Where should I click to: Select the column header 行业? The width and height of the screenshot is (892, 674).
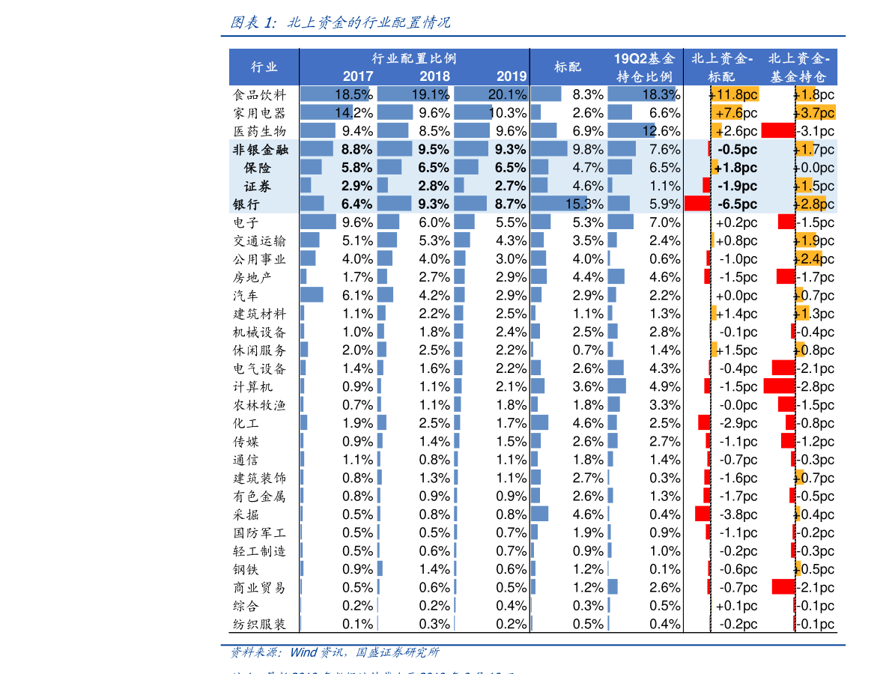click(264, 67)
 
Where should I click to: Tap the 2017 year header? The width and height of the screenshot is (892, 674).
click(357, 76)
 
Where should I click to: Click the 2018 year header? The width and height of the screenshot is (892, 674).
click(434, 76)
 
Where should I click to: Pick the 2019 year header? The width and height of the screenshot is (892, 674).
click(512, 76)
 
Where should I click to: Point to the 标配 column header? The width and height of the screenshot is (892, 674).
click(567, 67)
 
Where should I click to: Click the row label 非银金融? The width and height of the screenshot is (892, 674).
click(261, 149)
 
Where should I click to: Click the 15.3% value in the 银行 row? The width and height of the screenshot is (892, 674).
click(584, 204)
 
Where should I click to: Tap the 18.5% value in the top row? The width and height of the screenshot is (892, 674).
click(352, 94)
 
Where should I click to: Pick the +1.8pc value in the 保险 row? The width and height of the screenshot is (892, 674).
click(735, 168)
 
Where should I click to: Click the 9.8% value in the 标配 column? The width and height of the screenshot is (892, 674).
click(588, 149)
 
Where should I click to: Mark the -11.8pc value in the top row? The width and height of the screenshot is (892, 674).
click(736, 94)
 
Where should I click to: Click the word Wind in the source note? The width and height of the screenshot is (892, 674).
click(303, 652)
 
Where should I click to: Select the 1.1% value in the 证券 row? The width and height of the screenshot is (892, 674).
click(665, 186)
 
